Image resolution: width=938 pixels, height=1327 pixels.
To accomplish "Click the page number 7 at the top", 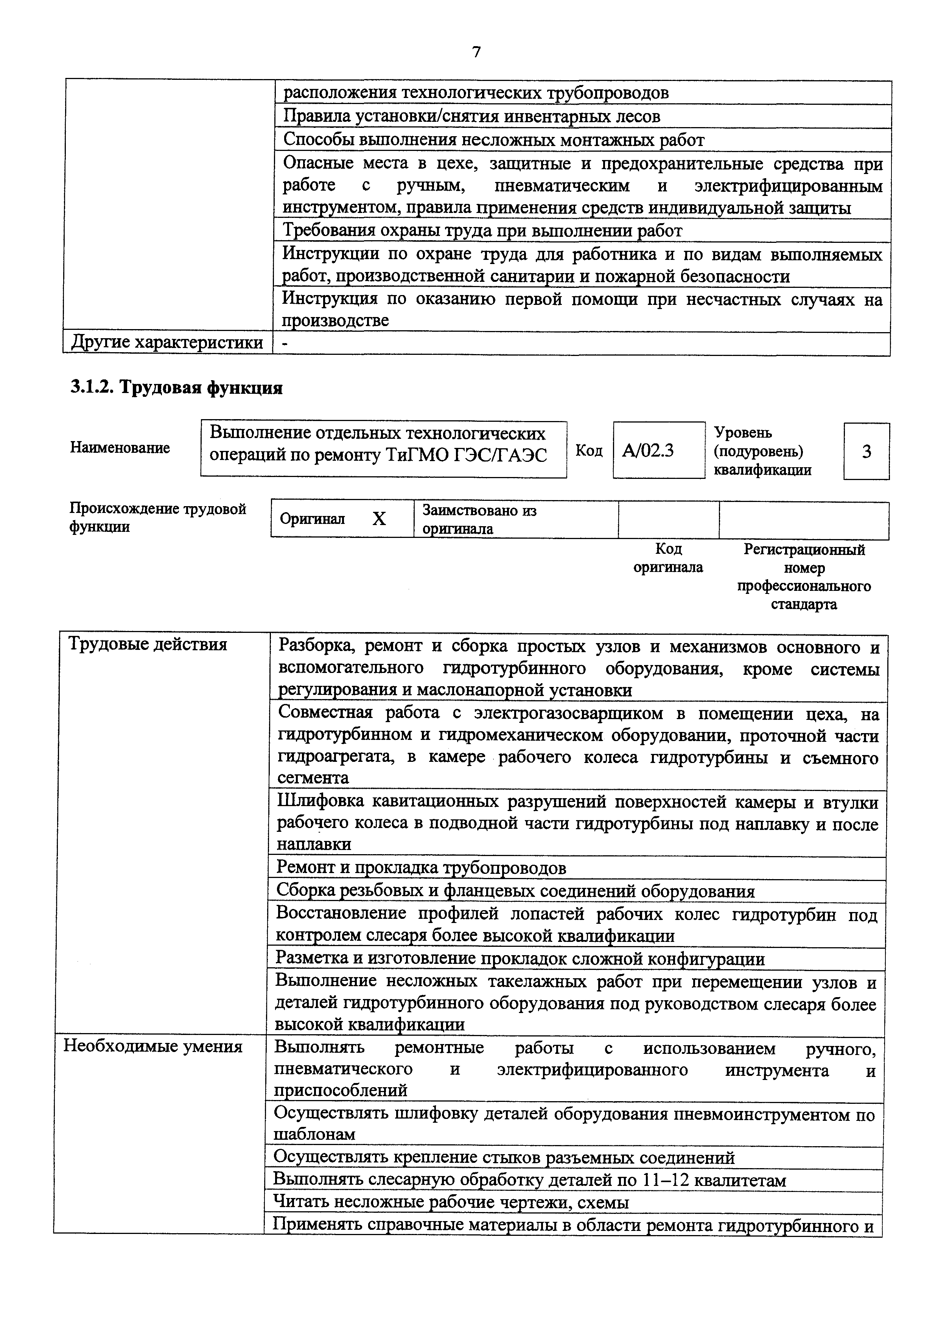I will click(x=476, y=52).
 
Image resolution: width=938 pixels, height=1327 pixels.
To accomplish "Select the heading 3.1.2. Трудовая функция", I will click(x=176, y=388).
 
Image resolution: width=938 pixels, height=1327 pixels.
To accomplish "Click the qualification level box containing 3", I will click(x=866, y=451).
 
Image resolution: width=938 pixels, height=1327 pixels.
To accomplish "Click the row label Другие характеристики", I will click(x=167, y=343).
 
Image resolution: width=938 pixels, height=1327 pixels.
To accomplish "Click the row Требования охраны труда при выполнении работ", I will click(x=482, y=231).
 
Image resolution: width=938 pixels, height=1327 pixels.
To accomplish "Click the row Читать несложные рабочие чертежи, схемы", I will click(x=451, y=1203).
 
